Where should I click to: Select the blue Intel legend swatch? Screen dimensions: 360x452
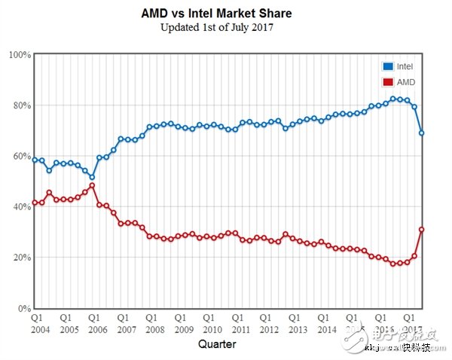tap(389, 67)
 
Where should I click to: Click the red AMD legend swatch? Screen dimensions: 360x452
tap(389, 81)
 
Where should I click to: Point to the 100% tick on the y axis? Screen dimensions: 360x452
tap(19, 55)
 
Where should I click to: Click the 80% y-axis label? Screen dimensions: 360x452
tap(20, 105)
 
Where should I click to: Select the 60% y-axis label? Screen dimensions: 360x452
tap(20, 157)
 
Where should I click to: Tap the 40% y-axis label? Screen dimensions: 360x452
tap(20, 207)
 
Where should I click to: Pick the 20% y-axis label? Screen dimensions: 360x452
tap(20, 258)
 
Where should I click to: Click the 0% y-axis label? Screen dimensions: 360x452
tap(23, 309)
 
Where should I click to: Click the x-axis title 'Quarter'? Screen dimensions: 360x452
tap(217, 344)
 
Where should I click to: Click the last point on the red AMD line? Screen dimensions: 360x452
tap(422, 230)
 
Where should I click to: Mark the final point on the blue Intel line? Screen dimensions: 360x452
tap(422, 133)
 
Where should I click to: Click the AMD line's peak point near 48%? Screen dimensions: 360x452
tap(92, 186)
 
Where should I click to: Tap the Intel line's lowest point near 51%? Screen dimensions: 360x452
tap(92, 178)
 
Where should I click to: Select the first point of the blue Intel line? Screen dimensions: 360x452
tap(35, 160)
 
